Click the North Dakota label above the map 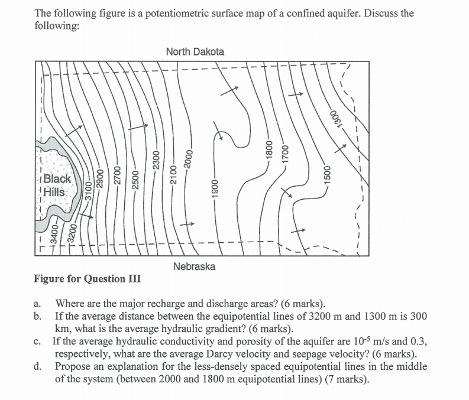[x=195, y=52]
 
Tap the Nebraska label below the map [x=195, y=266]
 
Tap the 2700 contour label [x=118, y=177]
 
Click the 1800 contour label [x=269, y=149]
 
